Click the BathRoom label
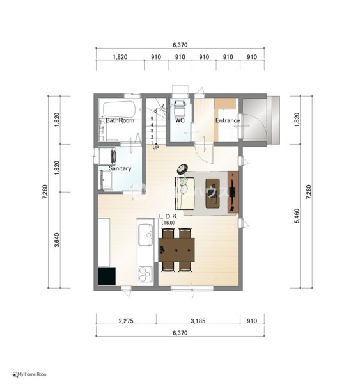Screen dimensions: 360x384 [120, 120]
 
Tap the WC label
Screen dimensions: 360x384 [180, 120]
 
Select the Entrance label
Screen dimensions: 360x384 [228, 120]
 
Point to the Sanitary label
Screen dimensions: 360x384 [120, 168]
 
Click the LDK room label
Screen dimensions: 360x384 [168, 216]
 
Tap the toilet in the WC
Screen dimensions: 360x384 [180, 109]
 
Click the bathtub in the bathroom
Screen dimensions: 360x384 [119, 109]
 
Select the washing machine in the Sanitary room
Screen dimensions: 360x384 [107, 156]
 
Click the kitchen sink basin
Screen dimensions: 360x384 [145, 235]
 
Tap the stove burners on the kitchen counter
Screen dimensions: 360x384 [145, 274]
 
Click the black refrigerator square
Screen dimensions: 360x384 [107, 276]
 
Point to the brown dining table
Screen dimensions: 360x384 [176, 250]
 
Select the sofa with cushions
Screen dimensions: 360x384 [185, 193]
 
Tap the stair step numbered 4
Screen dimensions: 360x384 [152, 125]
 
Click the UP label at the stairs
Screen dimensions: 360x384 [156, 147]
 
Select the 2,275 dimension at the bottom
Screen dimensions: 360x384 [126, 321]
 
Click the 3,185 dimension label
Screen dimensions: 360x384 [198, 321]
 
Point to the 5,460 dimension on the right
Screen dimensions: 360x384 [297, 216]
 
